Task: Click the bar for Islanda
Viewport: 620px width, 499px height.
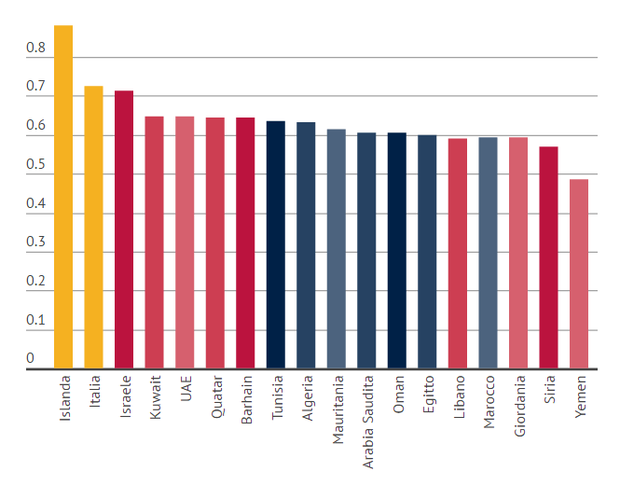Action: tap(63, 197)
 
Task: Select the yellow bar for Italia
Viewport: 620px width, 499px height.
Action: tap(93, 228)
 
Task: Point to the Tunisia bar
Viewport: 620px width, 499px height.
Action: tap(276, 244)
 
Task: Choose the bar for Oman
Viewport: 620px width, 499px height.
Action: tap(397, 250)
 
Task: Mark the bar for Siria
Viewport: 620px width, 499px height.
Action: tap(548, 257)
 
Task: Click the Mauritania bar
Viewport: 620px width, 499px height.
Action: tap(337, 248)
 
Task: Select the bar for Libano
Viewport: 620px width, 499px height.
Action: tap(458, 253)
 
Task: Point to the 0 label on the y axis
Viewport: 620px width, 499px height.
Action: tap(30, 359)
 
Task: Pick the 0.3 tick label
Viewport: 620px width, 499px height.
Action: tap(35, 243)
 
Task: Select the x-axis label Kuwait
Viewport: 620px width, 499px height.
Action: tap(156, 399)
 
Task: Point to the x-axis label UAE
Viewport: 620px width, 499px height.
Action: tap(186, 390)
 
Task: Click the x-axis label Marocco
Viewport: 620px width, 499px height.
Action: tap(489, 402)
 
